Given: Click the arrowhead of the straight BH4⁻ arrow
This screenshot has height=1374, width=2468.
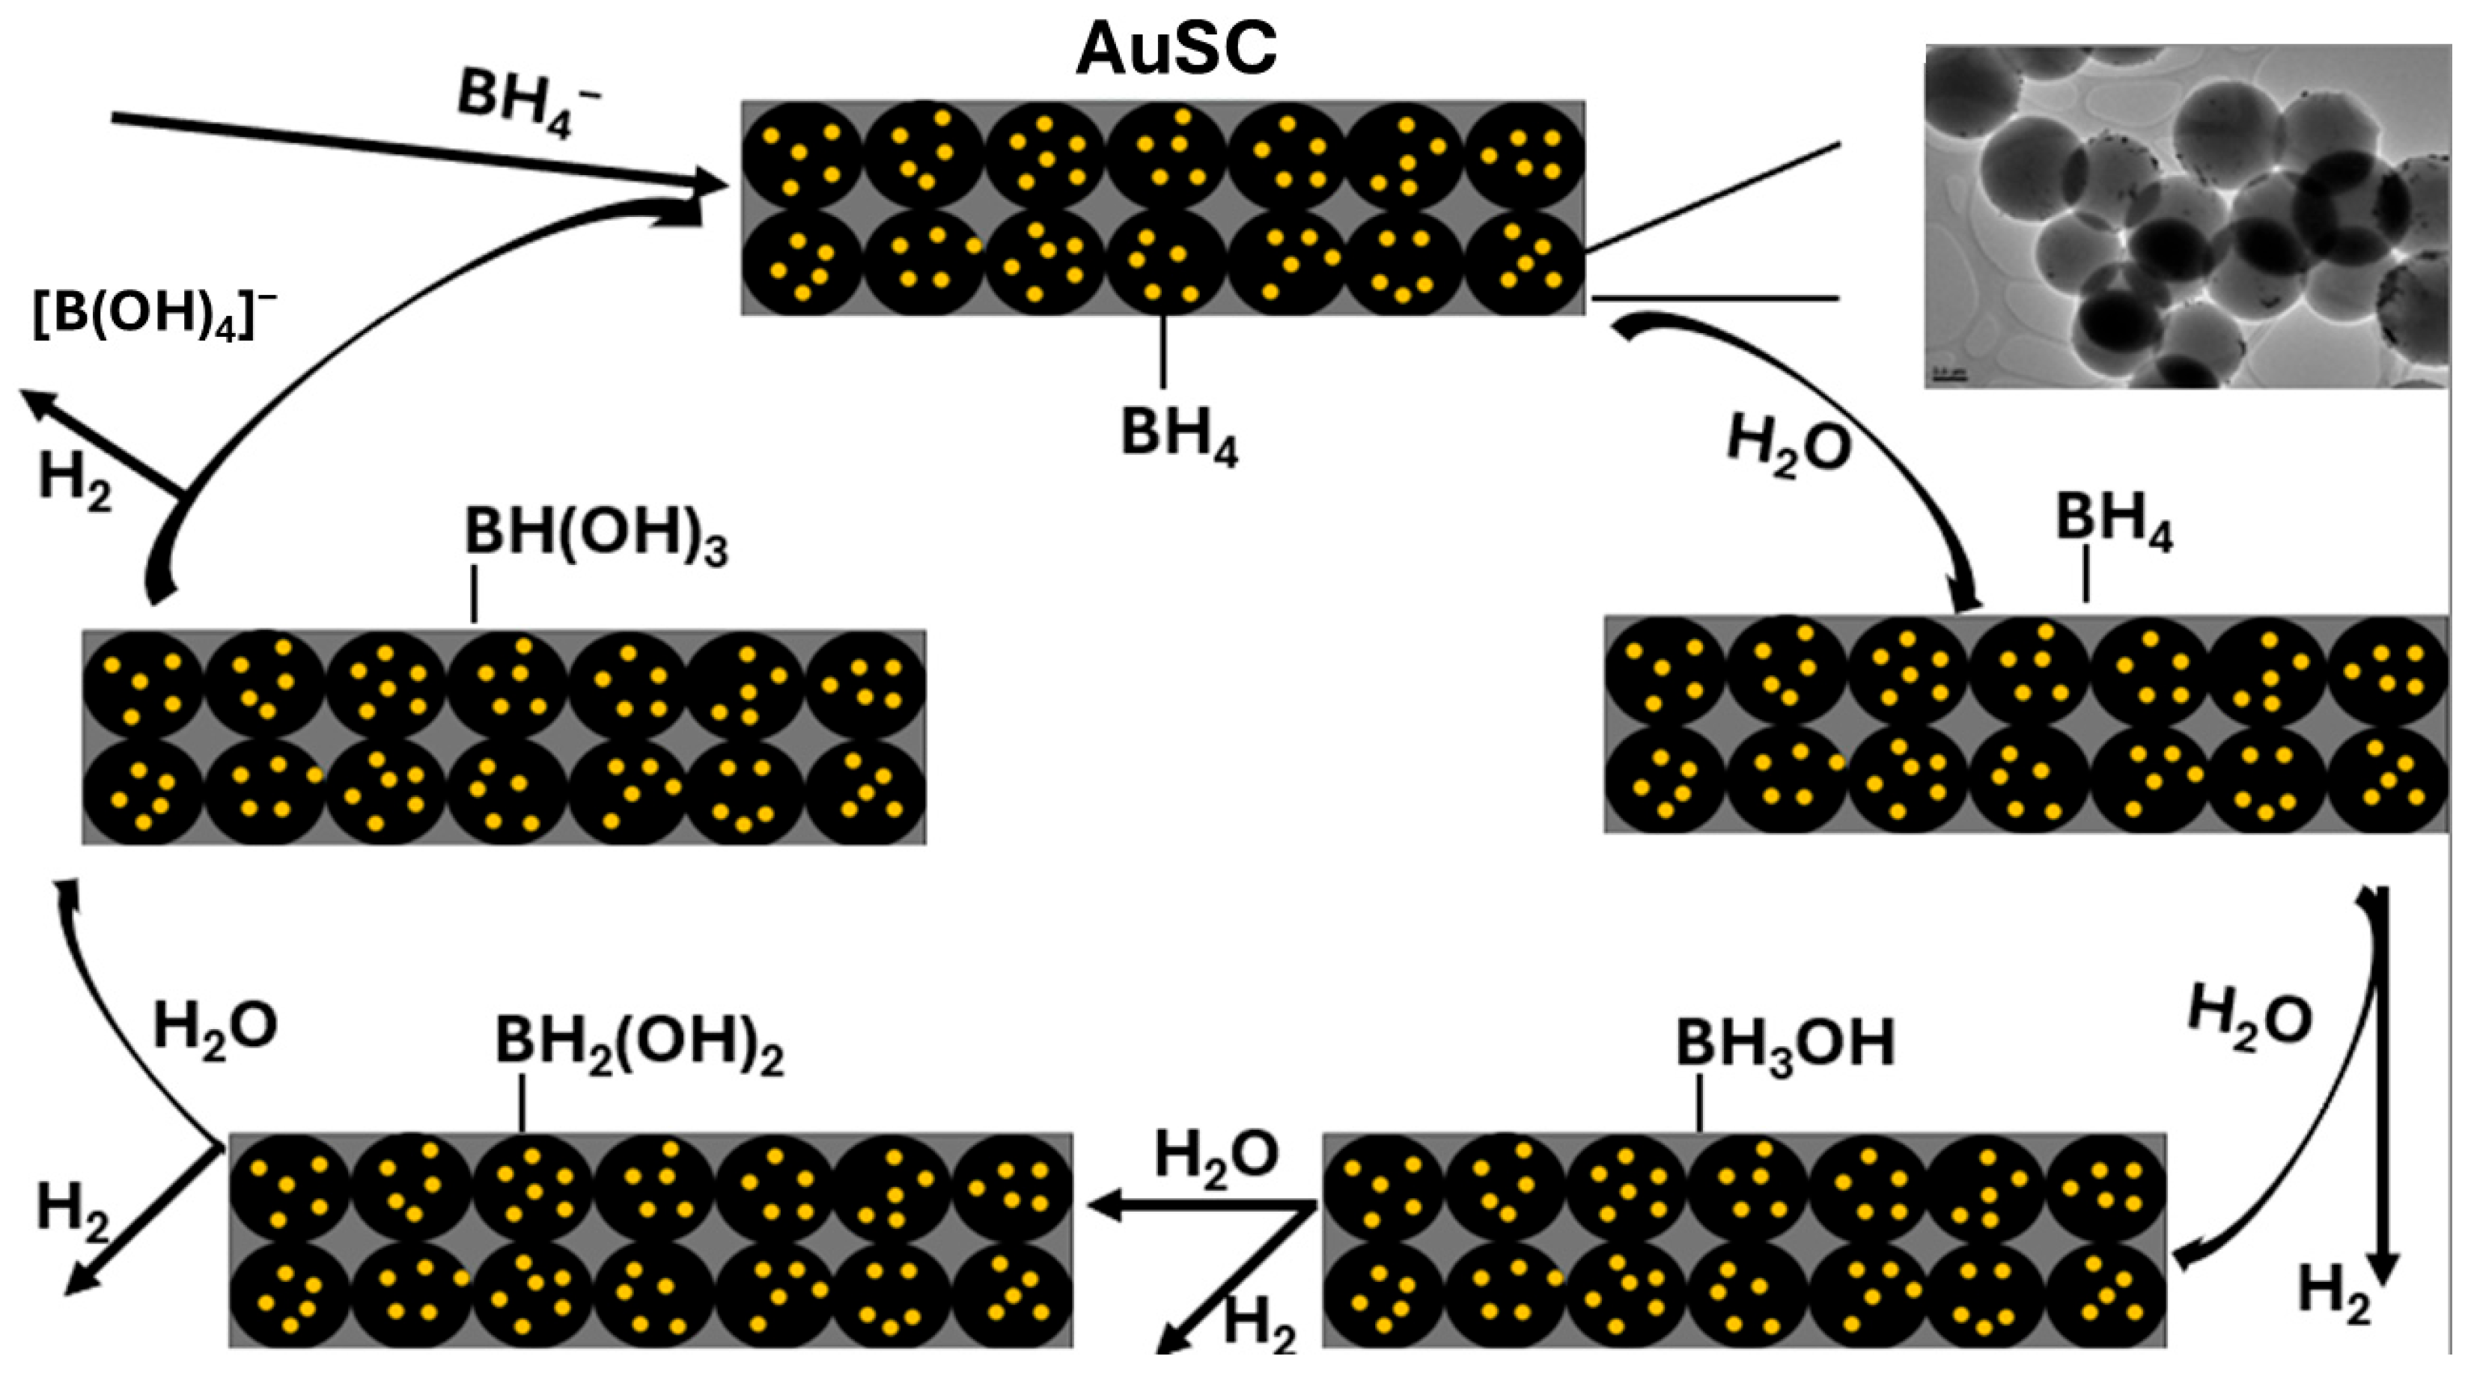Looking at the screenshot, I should [709, 182].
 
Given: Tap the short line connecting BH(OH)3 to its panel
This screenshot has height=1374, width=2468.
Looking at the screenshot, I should [473, 594].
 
